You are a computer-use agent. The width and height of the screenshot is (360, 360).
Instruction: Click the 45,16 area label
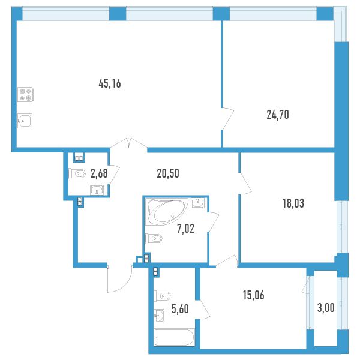coord(110,83)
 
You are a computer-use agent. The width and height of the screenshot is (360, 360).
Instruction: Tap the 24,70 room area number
coord(278,115)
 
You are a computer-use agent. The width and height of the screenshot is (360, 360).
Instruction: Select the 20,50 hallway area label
coord(168,173)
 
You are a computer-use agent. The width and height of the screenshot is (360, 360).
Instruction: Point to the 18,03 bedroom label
coord(293,203)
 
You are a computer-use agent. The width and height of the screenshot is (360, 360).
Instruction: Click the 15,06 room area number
coord(253,295)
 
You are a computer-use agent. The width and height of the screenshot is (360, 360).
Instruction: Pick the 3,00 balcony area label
coord(326,308)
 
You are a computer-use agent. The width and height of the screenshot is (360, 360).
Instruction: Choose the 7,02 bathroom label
coord(185,229)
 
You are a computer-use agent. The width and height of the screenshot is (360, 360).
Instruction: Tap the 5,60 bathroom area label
coord(180,309)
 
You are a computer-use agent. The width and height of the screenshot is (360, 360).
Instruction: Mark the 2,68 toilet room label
coord(99,173)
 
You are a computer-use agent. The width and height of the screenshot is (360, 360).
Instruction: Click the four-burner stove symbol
coord(26,94)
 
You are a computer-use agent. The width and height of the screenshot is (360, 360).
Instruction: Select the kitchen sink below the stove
coord(25,121)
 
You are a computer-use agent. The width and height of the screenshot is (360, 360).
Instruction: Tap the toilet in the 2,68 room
coord(77,174)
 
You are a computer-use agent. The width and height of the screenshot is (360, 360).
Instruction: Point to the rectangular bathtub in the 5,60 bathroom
coord(174,337)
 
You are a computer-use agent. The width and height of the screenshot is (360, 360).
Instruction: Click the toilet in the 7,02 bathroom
coord(154,239)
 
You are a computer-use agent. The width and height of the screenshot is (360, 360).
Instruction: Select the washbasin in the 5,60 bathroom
coord(159,315)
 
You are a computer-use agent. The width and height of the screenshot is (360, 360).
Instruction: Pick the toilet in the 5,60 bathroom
coord(162,296)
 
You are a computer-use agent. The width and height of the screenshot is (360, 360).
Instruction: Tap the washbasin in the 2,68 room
coord(97,190)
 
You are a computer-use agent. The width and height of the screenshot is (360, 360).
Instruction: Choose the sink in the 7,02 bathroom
coord(197,203)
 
